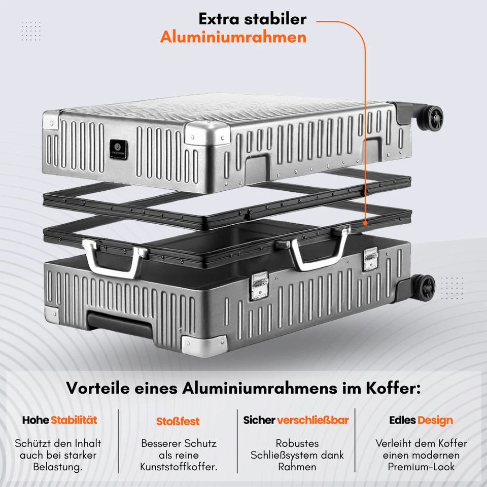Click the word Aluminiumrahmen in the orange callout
(233, 37)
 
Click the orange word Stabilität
(74, 420)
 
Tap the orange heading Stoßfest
(178, 421)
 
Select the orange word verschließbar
(313, 420)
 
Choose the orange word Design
(435, 420)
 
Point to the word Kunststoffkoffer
(179, 467)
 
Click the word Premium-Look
(421, 467)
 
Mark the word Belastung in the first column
(58, 467)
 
